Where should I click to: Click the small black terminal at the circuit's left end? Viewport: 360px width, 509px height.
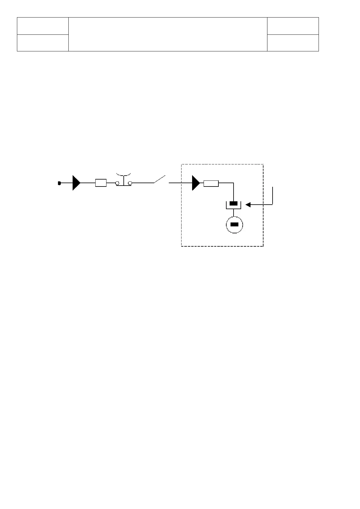tap(60, 183)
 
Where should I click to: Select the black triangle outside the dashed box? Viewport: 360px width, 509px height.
tap(76, 183)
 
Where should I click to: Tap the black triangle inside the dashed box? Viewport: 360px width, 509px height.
tap(196, 183)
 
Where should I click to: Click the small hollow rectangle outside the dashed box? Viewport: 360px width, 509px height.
tap(101, 183)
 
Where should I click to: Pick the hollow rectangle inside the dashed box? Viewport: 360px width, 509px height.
tap(211, 183)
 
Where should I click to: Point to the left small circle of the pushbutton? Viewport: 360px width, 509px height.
tap(117, 183)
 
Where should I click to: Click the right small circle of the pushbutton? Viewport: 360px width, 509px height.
tap(130, 183)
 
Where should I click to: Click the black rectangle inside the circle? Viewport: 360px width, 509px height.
tap(235, 225)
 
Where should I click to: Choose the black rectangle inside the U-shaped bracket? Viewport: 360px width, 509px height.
tap(234, 203)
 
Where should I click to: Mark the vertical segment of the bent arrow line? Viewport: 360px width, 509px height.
tap(273, 196)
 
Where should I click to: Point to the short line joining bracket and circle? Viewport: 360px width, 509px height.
tap(234, 213)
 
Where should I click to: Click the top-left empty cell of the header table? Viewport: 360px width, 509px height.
tap(43, 26)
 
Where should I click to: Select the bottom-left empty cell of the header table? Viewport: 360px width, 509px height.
tap(43, 43)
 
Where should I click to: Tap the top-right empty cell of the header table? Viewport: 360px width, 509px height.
tap(293, 26)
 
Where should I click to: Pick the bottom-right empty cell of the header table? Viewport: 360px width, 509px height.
tap(293, 43)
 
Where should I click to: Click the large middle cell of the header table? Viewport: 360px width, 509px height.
tap(168, 34)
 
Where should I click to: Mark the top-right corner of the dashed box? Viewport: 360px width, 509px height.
tap(263, 164)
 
